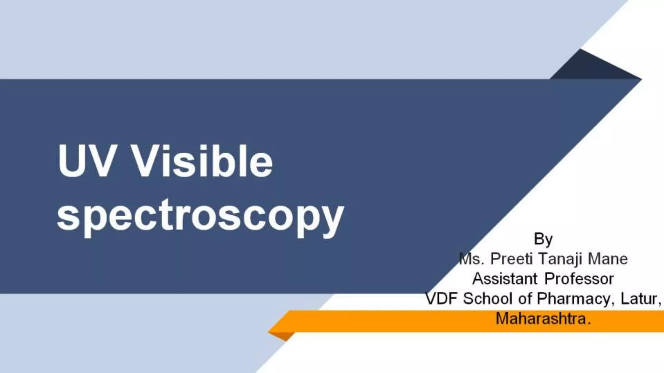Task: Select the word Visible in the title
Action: (x=203, y=161)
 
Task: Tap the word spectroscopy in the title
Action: (x=200, y=215)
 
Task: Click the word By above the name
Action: (x=543, y=239)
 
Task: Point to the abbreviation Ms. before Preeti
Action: (x=472, y=259)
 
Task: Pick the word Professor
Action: (x=579, y=278)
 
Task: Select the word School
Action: (x=488, y=299)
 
